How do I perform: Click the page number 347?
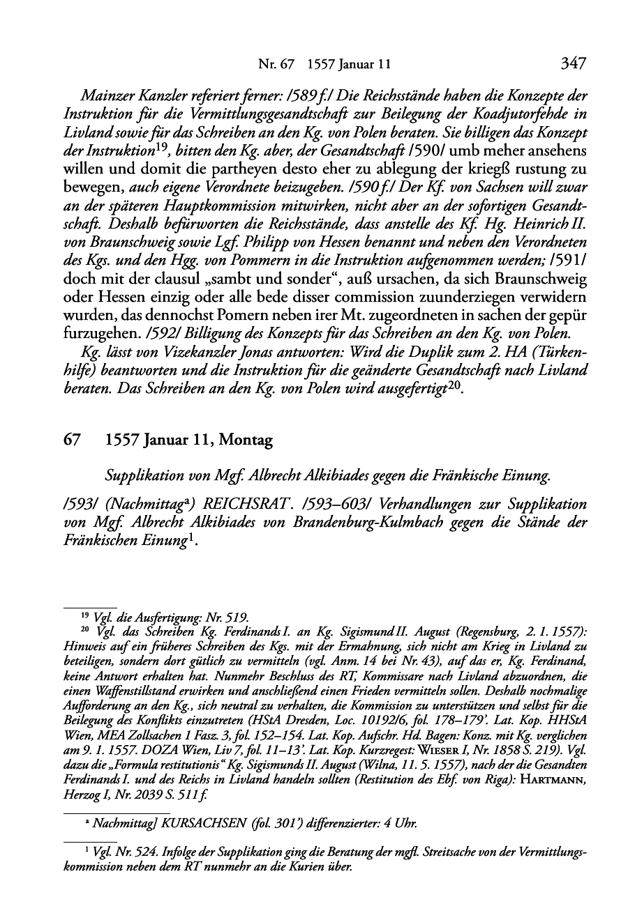[573, 64]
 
